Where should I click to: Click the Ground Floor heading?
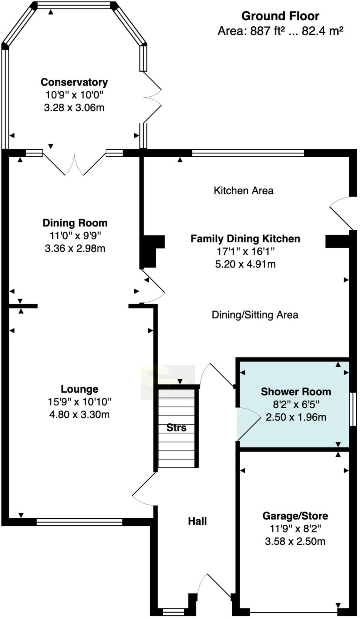(x=280, y=16)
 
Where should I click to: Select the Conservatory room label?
(x=74, y=82)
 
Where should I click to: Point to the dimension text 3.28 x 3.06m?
(x=74, y=108)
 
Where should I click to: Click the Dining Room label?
(x=75, y=223)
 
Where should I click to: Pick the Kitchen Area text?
(x=243, y=191)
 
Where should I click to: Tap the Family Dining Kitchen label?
(x=245, y=239)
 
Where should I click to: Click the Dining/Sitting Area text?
(x=255, y=315)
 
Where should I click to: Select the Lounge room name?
(x=79, y=389)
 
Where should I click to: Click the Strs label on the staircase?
(x=176, y=428)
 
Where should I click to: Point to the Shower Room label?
(x=296, y=392)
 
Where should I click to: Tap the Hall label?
(x=197, y=521)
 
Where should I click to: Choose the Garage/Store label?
(x=295, y=516)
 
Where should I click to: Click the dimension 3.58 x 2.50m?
(x=295, y=541)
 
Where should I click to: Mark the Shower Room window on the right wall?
(x=352, y=409)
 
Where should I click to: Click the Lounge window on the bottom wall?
(x=79, y=522)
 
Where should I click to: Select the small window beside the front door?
(x=173, y=612)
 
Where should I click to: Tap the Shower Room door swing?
(x=248, y=423)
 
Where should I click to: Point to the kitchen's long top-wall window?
(x=248, y=153)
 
